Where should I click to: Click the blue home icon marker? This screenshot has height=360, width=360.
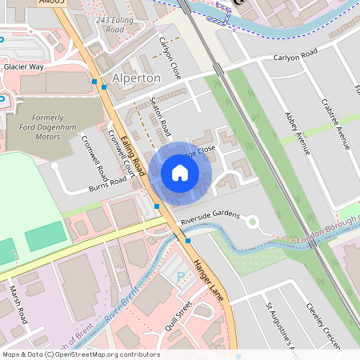180,173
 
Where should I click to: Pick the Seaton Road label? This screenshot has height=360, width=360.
161,116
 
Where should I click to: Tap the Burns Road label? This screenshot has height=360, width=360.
108,185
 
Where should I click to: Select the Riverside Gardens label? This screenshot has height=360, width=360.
210,216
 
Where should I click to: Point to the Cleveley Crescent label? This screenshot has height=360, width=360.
324,323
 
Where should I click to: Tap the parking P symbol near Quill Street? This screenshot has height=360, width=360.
179,276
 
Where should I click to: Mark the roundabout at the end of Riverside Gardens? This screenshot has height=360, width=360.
253,222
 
